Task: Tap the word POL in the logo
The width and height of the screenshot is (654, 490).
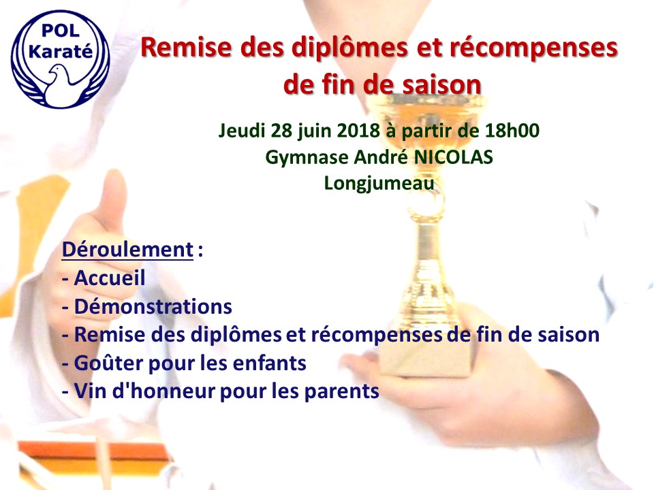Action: click(61, 31)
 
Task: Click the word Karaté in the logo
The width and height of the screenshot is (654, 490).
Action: click(61, 51)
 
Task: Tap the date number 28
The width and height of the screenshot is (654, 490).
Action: click(281, 131)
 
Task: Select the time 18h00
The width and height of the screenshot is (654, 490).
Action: click(512, 131)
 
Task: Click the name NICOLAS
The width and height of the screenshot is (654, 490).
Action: click(453, 157)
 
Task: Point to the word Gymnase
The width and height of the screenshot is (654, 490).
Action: click(307, 158)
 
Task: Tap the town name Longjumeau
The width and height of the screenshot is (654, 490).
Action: click(379, 184)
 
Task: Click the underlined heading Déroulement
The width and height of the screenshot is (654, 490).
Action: click(127, 250)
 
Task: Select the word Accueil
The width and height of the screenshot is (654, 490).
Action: click(110, 278)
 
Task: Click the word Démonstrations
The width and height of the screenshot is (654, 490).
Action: click(153, 306)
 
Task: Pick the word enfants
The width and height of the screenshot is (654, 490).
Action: click(270, 363)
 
